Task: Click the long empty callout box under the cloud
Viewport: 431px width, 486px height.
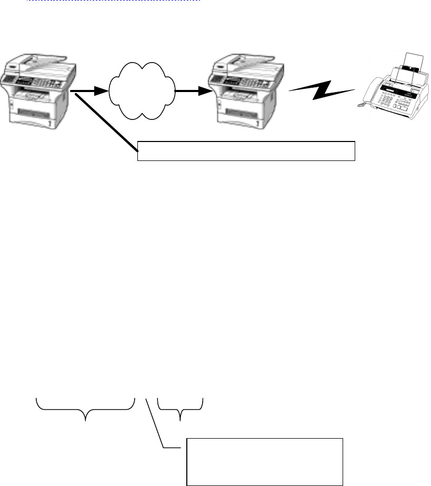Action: (x=246, y=150)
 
